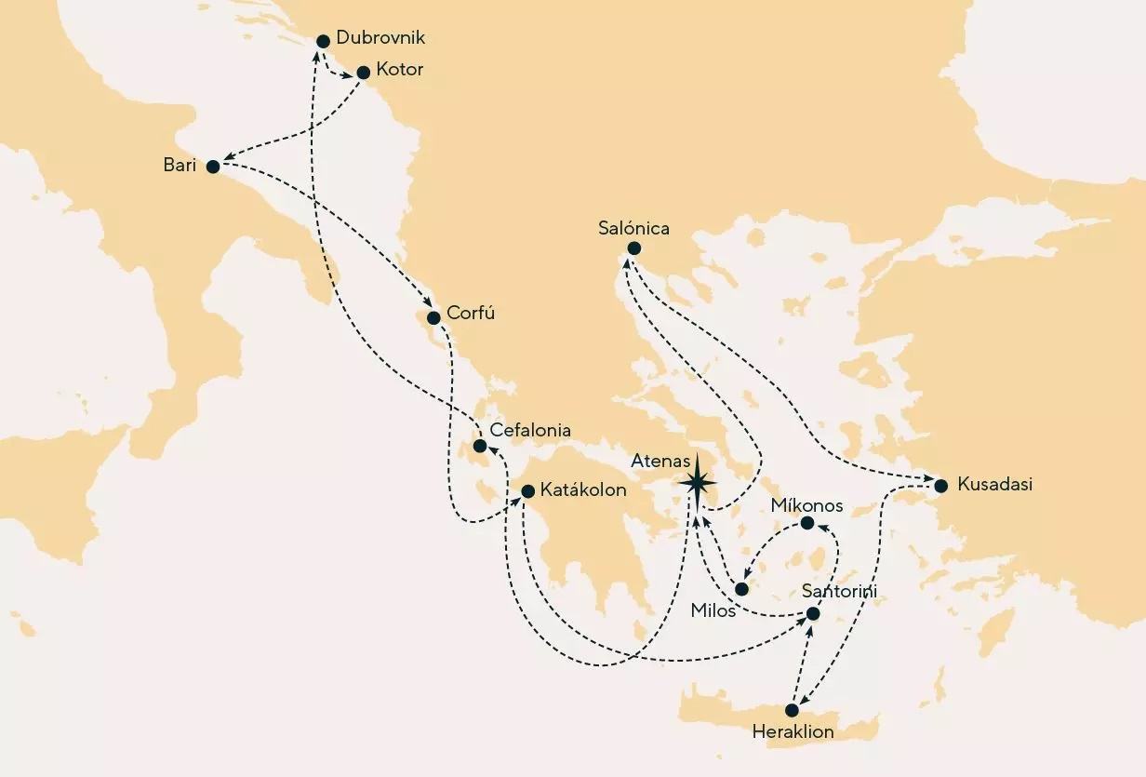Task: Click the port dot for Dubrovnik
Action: click(324, 41)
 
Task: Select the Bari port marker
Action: click(213, 167)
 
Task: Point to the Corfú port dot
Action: click(433, 318)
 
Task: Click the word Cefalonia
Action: click(530, 431)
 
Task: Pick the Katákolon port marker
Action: click(527, 491)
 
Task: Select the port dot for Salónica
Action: click(634, 248)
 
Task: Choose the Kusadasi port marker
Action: click(941, 486)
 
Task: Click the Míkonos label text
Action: click(807, 506)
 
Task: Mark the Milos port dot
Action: click(741, 590)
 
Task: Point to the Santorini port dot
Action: click(813, 614)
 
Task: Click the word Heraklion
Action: click(793, 732)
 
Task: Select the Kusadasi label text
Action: click(995, 485)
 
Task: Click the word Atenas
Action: click(660, 461)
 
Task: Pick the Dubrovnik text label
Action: click(381, 39)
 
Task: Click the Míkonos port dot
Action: click(807, 523)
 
